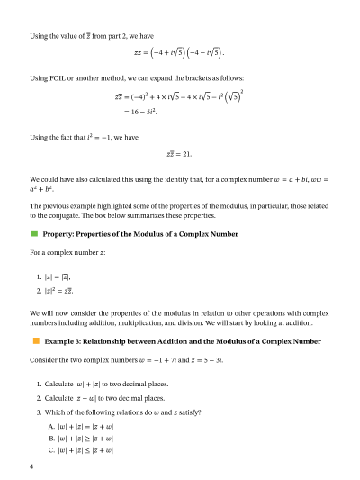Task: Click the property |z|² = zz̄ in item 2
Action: pyautogui.click(x=60, y=292)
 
